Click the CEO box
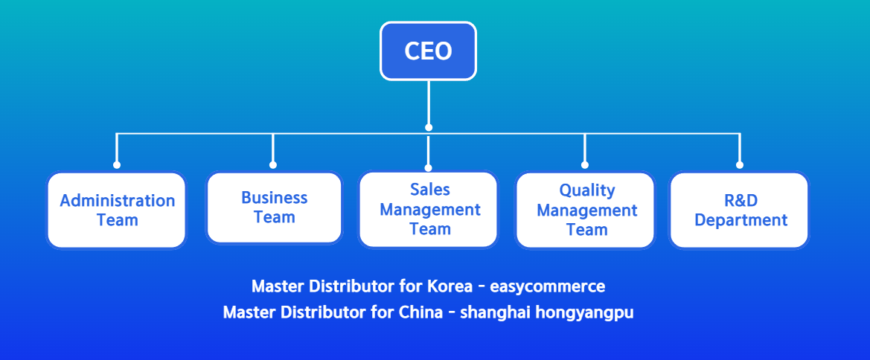(428, 51)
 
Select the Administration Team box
(117, 210)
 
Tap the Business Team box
(274, 208)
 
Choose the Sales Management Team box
(429, 210)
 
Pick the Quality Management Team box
(586, 210)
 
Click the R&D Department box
(739, 210)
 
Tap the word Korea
(448, 286)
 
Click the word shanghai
(487, 312)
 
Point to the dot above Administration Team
(117, 165)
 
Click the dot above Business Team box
(273, 165)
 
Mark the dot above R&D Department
(739, 165)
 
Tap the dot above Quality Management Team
(585, 165)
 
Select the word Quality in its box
(587, 190)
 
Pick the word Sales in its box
(430, 190)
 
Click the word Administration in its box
(118, 201)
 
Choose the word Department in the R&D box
(741, 220)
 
